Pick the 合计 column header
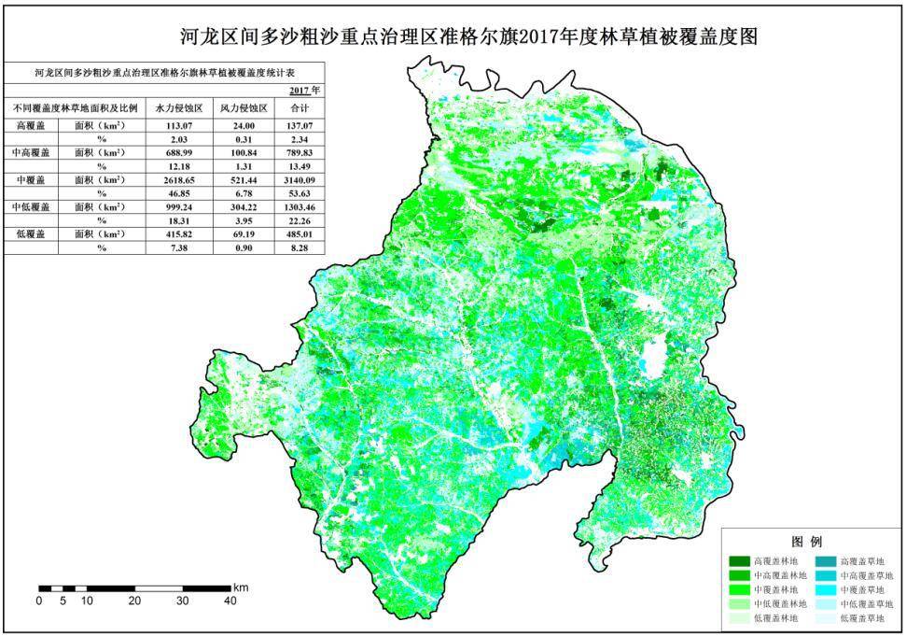299,107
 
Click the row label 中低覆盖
31,205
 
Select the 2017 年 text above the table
304,91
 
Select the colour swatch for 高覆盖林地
738,562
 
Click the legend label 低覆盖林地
777,618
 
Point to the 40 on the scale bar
230,601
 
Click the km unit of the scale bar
240,587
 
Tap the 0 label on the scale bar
39,601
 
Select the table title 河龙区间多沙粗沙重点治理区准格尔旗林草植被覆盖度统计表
164,71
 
